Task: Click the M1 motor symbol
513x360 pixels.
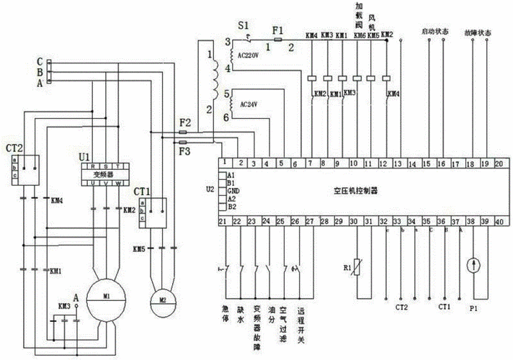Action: [105, 296]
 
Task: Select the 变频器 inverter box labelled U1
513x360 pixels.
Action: [104, 174]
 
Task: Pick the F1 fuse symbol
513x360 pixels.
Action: [277, 40]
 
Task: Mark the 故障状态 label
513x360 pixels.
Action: [478, 32]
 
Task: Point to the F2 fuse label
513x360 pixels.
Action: [185, 124]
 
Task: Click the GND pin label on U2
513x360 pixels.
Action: [232, 191]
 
